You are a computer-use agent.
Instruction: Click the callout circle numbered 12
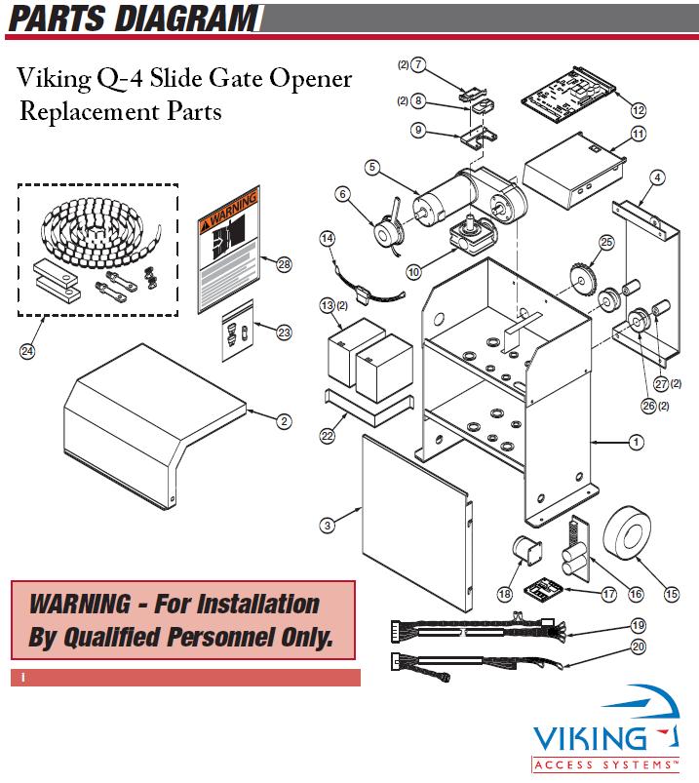point(639,110)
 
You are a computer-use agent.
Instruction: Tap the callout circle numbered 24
point(27,352)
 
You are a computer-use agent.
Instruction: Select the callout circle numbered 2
point(284,421)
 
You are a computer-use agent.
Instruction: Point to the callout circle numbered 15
point(671,594)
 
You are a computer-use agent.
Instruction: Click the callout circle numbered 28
point(284,264)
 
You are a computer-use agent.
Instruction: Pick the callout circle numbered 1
point(636,443)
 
